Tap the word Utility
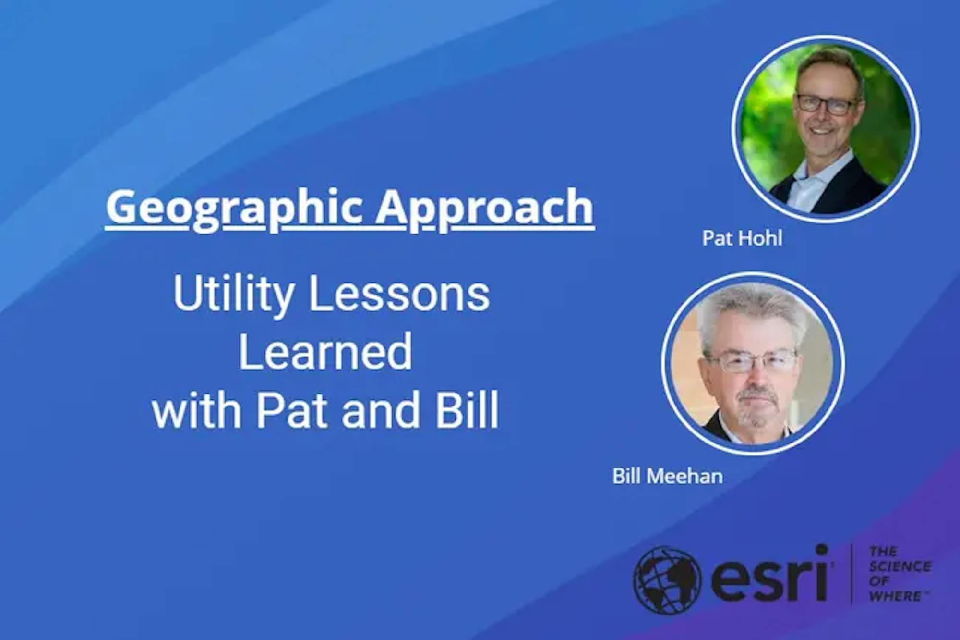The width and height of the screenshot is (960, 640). pyautogui.click(x=234, y=294)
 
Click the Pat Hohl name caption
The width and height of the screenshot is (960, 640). pyautogui.click(x=742, y=238)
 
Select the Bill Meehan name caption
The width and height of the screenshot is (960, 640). pyautogui.click(x=668, y=476)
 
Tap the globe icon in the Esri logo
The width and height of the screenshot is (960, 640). pyautogui.click(x=667, y=579)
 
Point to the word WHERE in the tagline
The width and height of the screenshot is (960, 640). pyautogui.click(x=895, y=596)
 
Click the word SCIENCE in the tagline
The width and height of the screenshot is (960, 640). pyautogui.click(x=900, y=566)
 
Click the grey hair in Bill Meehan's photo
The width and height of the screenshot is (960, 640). pyautogui.click(x=754, y=312)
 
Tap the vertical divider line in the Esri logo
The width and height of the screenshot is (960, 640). pyautogui.click(x=852, y=574)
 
